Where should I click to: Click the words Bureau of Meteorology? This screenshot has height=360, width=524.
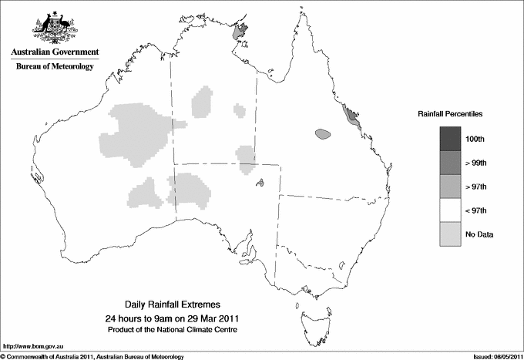pos(55,66)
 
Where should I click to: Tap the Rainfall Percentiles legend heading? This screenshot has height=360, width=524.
pos(450,113)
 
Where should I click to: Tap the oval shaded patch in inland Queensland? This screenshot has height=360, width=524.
pos(322,134)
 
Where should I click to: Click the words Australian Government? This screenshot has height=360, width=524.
pos(55,52)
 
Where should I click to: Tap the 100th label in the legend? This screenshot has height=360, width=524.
pos(475,139)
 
